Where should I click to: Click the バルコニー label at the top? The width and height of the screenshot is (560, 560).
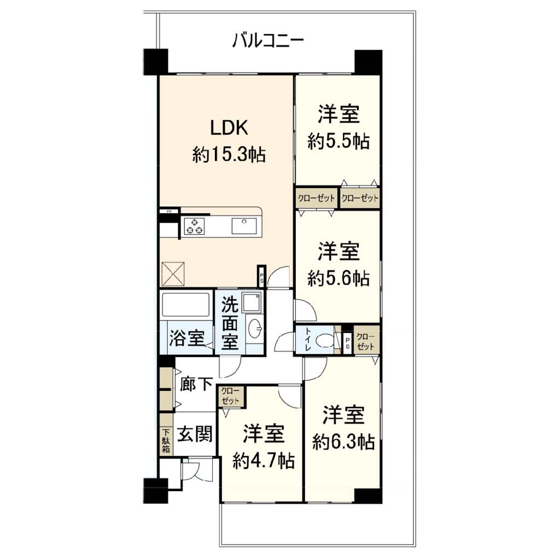tap(268, 40)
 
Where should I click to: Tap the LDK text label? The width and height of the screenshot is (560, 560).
tap(229, 127)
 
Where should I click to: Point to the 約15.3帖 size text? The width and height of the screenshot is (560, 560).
tap(229, 155)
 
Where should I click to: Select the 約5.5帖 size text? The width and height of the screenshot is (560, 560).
tap(338, 142)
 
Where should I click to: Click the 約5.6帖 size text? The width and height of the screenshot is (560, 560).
tap(338, 278)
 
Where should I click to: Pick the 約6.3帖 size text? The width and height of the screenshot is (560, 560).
tap(343, 441)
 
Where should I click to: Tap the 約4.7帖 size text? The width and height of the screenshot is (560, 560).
tap(264, 460)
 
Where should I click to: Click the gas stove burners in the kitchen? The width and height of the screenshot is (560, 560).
tap(194, 226)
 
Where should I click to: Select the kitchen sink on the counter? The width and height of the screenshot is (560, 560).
tap(244, 226)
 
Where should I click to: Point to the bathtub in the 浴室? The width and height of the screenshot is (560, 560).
tap(185, 305)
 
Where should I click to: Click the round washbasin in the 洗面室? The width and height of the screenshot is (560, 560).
tap(255, 328)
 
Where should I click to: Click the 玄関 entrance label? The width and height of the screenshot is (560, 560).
tap(195, 434)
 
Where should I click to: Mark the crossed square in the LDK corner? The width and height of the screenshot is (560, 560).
tap(173, 274)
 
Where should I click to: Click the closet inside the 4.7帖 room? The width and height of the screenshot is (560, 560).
tap(230, 396)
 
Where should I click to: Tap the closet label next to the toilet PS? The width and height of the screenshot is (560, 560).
tap(366, 342)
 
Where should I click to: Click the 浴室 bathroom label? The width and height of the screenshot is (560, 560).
tap(187, 338)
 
